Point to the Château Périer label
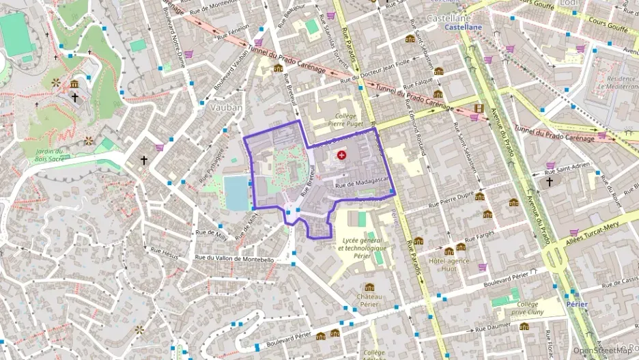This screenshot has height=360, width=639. pyautogui.click(x=369, y=301)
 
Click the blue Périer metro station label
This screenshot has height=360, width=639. pyautogui.click(x=578, y=303)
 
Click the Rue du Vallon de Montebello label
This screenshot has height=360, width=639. pyautogui.click(x=234, y=259)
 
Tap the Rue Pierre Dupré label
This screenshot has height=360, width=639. pyautogui.click(x=451, y=199)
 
